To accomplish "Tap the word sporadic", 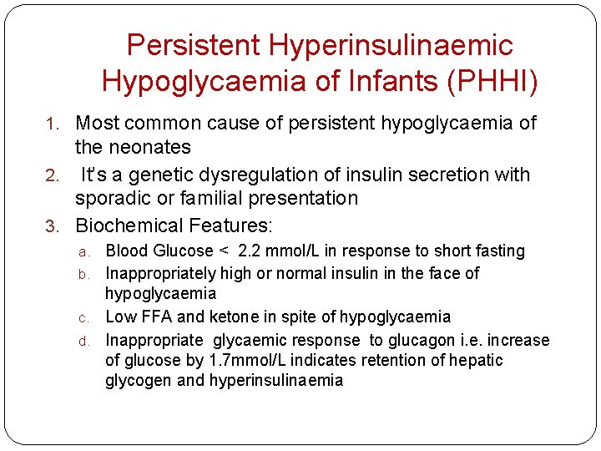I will [108, 198].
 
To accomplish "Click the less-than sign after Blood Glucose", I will [223, 251].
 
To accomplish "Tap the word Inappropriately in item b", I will [159, 273].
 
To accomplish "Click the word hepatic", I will [477, 360].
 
